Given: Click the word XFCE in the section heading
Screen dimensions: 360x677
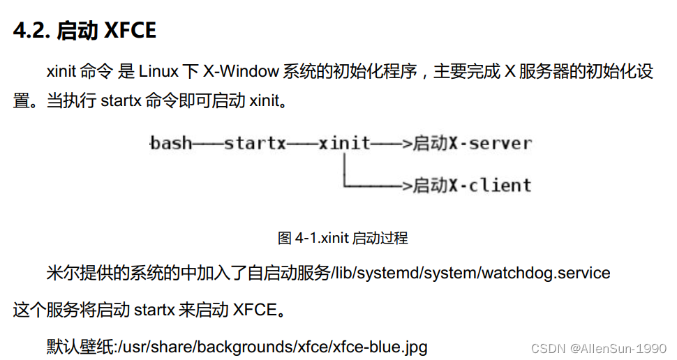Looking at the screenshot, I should pos(131,31).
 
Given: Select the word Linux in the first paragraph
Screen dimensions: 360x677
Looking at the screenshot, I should pos(159,71).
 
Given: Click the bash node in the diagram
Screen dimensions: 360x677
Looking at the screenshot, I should pos(171,144).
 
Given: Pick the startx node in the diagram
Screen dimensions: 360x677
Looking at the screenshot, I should pos(255,144).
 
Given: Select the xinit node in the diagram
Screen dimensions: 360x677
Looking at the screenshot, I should pos(344,144).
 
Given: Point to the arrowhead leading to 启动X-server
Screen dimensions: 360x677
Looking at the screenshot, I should pos(407,144).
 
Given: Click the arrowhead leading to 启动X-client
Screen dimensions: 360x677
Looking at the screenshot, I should pos(407,186).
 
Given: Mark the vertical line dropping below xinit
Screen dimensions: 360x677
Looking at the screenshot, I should pos(344,170).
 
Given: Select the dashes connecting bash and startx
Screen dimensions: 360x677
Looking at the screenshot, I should pos(207,144).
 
